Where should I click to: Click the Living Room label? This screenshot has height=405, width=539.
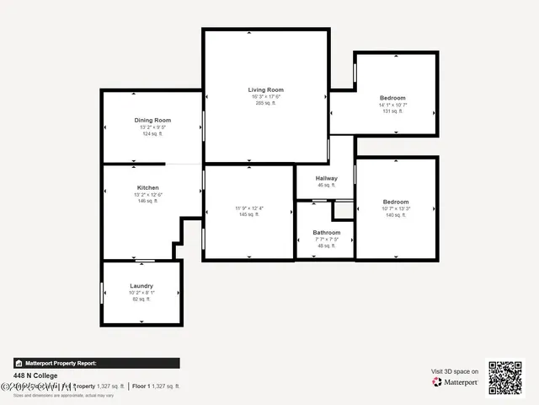coord(265,89)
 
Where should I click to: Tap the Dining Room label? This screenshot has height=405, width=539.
coord(152,121)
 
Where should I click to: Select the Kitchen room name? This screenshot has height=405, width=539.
coord(147,187)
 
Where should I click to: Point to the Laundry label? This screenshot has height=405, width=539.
coord(141,286)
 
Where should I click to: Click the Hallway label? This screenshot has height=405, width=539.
coord(326,178)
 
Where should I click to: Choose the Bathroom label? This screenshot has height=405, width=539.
coord(326,232)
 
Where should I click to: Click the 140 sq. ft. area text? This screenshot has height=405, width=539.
coord(395,216)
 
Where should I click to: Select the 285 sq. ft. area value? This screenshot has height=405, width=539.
coord(265,103)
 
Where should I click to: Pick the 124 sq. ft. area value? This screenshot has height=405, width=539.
coord(152,134)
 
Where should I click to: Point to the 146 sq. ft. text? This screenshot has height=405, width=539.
coord(147,201)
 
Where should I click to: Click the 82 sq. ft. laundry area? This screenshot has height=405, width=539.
coord(141,300)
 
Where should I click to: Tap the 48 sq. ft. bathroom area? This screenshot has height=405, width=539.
coord(326,246)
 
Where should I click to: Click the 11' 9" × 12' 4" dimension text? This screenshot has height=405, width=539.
coord(248,208)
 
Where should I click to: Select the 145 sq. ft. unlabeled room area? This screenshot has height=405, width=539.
coord(248,215)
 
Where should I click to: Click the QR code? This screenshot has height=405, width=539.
coord(505,378)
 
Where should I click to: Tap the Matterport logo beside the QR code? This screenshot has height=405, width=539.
coord(456,382)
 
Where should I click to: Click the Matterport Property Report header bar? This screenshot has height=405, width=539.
coord(96,363)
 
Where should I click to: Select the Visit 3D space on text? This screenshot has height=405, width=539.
coord(455,371)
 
